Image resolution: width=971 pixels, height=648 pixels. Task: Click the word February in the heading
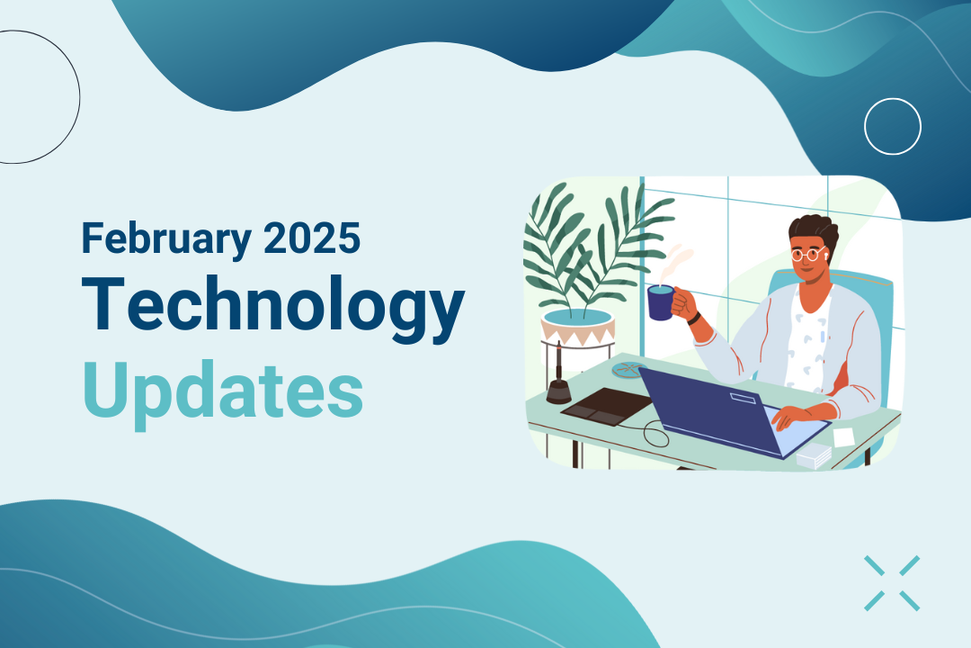click(x=166, y=239)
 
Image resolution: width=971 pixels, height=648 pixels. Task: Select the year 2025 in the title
click(x=312, y=238)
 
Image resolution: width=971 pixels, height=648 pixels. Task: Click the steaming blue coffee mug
click(x=660, y=302)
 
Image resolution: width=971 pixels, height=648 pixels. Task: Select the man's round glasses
click(x=808, y=254)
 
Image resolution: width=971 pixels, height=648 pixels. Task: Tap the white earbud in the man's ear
click(x=826, y=252)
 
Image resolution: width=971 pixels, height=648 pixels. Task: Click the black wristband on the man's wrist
click(x=694, y=318)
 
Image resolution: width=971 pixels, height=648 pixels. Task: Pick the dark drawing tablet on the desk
click(x=607, y=406)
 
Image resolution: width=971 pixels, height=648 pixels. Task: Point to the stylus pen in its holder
click(x=559, y=377)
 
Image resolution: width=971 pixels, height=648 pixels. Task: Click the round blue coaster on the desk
click(x=629, y=370)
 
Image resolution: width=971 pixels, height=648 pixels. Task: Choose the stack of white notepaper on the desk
click(x=814, y=455)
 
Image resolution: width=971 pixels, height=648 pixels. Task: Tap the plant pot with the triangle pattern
click(x=578, y=328)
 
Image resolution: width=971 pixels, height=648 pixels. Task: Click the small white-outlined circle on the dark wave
click(x=893, y=127)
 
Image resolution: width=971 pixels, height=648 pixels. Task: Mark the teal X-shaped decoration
click(x=893, y=583)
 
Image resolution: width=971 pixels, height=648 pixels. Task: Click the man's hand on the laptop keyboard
click(x=797, y=415)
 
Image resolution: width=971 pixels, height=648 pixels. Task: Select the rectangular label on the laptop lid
click(x=744, y=398)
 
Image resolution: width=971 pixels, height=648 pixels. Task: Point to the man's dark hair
click(x=815, y=230)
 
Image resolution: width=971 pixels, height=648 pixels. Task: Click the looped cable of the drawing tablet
click(x=655, y=434)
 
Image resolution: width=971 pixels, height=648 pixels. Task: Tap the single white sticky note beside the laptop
click(x=843, y=436)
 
